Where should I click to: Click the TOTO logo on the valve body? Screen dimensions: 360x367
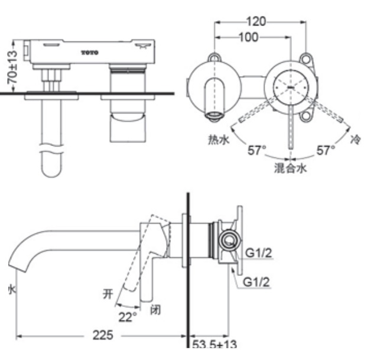90,53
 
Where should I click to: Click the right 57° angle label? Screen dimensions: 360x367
325,150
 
